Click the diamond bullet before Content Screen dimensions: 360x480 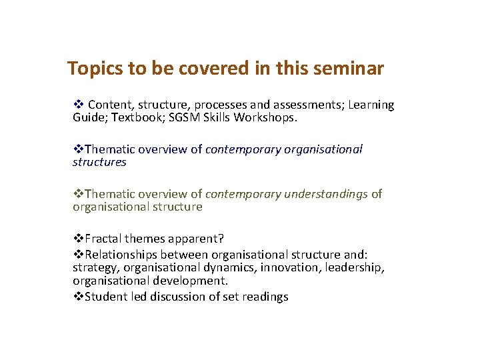pos(78,105)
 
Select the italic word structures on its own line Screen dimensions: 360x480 pos(99,162)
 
